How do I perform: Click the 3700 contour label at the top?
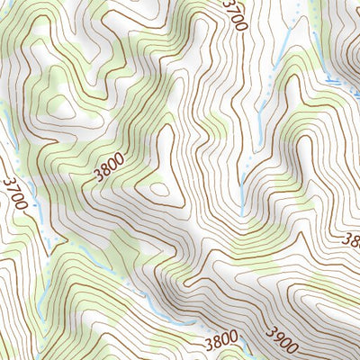pos(232,16)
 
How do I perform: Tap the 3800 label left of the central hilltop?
pos(107,167)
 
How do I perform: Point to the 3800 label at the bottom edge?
pos(220,340)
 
